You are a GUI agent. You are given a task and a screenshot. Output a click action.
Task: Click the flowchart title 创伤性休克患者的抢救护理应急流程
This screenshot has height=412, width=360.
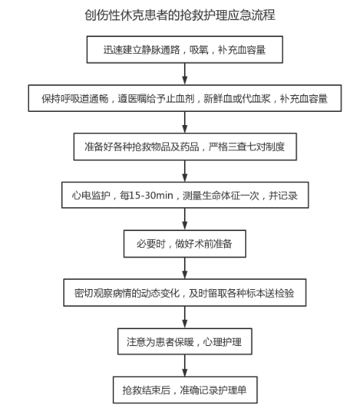pos(180,15)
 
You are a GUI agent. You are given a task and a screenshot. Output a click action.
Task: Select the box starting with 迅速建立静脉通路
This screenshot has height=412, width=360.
pos(185,49)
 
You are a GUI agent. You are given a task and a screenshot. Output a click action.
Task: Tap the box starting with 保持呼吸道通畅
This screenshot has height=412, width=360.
pos(185,98)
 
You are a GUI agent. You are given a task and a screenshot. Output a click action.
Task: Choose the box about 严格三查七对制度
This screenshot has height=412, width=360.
pos(185,147)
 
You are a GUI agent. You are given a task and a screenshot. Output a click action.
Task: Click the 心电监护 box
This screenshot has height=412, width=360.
pos(185,195)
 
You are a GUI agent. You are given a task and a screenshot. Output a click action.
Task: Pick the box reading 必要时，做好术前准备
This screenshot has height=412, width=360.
pos(185,244)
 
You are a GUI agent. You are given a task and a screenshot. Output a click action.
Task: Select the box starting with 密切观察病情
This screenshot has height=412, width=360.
pos(185,293)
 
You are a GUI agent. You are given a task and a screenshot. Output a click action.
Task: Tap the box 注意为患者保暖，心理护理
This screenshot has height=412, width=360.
pos(185,342)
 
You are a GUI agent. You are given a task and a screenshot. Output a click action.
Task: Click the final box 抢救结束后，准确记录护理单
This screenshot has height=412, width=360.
pos(185,390)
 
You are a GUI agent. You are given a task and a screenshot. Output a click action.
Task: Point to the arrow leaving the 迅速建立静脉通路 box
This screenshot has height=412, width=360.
pos(185,74)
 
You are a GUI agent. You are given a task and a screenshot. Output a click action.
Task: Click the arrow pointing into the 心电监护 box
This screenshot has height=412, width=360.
pos(185,171)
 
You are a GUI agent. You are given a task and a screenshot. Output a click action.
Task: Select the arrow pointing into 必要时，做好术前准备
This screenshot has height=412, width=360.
pos(185,219)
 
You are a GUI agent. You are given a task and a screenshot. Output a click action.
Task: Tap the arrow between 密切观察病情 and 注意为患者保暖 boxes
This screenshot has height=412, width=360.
pos(185,317)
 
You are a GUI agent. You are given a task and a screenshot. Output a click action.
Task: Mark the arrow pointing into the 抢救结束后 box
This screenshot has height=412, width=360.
pos(185,365)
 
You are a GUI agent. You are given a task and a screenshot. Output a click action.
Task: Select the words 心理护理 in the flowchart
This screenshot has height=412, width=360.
pos(223,342)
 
